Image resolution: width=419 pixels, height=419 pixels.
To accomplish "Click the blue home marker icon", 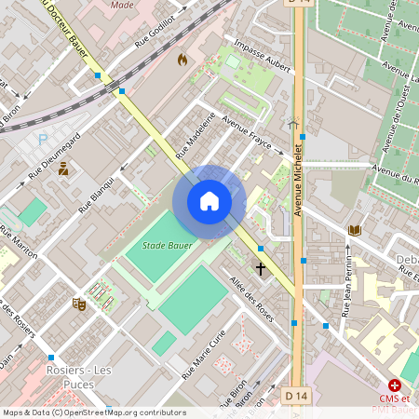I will coord(209,201).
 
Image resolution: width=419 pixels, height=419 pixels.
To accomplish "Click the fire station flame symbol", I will coord(182,60).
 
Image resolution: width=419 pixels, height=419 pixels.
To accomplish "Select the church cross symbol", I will coord(261,269).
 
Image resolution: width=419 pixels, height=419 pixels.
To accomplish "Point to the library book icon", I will coord(354,230).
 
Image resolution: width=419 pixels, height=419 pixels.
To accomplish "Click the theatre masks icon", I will coord(79,304).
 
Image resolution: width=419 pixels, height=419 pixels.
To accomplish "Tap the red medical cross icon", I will coord(395,385).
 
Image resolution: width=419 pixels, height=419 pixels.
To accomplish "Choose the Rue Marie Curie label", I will coord(203,358).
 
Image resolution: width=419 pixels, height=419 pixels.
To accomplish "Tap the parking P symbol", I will coord(42,139).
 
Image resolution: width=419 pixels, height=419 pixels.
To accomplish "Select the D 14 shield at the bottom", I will coord(296,396).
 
